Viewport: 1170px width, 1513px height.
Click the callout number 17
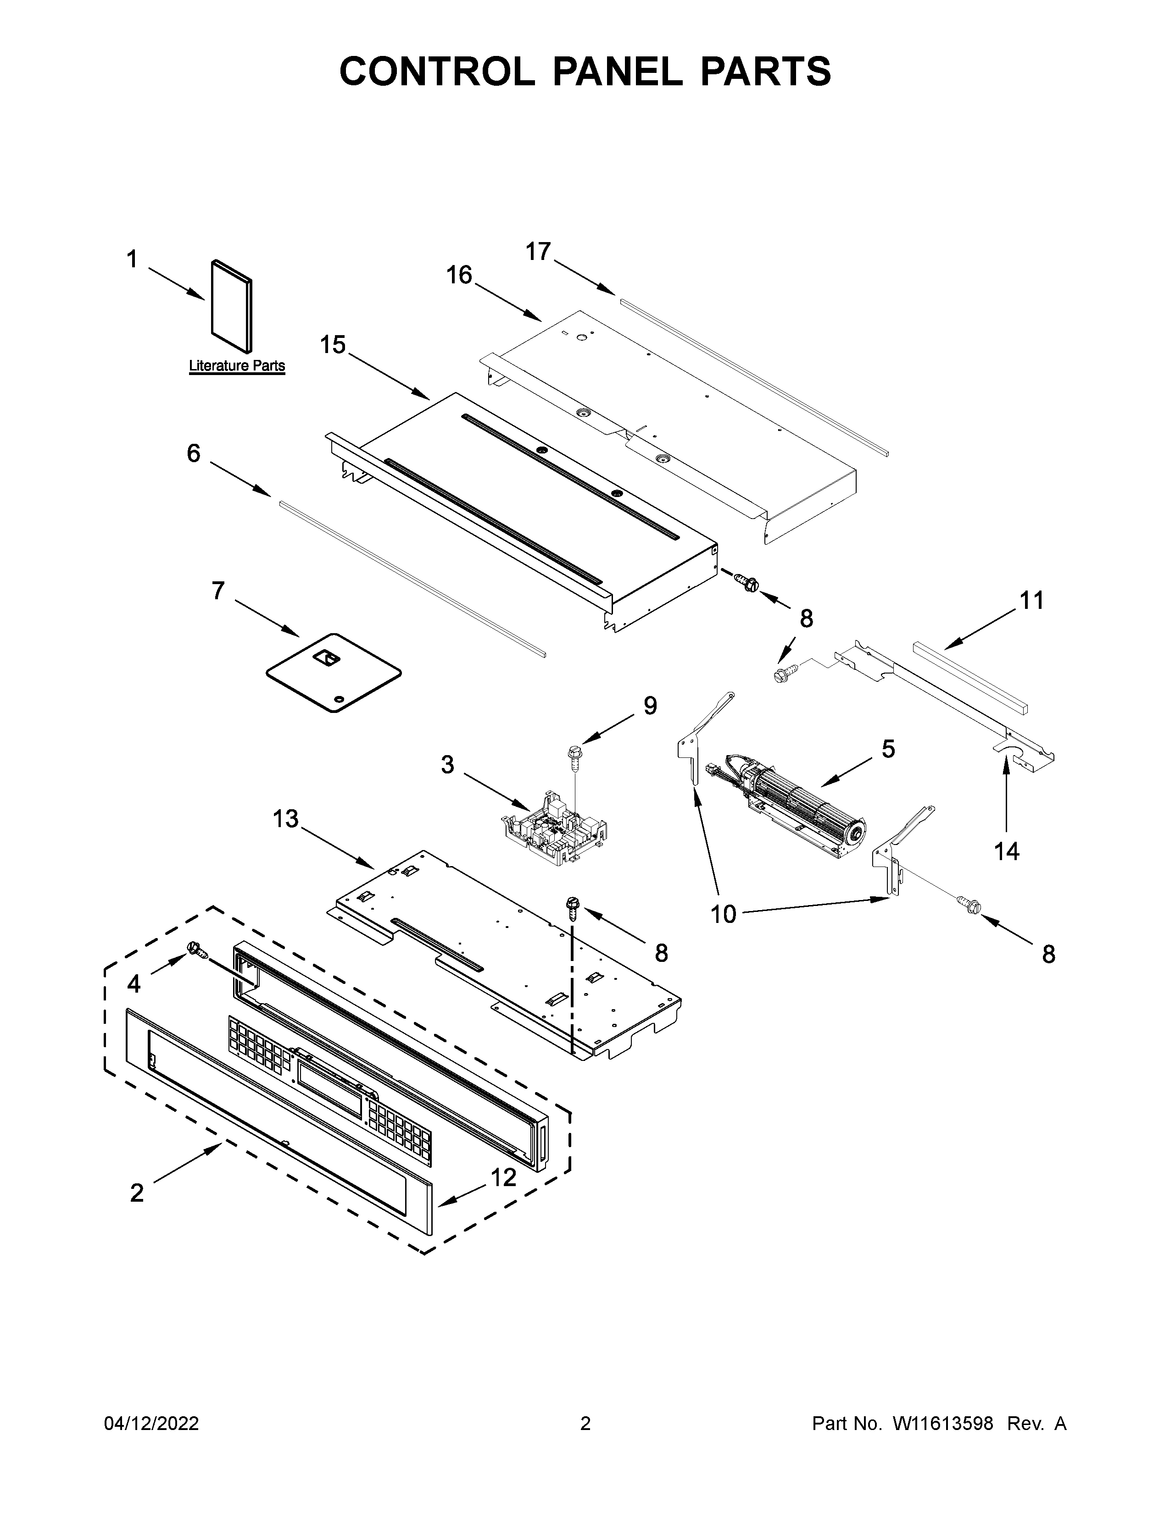pos(538,251)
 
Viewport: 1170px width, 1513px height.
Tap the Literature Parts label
pos(237,366)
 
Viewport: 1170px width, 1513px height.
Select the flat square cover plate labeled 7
pos(334,673)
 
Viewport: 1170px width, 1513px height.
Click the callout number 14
pos(1006,851)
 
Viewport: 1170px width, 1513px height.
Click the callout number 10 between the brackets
pos(723,915)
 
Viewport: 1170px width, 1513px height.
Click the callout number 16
pos(459,275)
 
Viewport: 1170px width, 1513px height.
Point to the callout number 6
pos(193,454)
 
